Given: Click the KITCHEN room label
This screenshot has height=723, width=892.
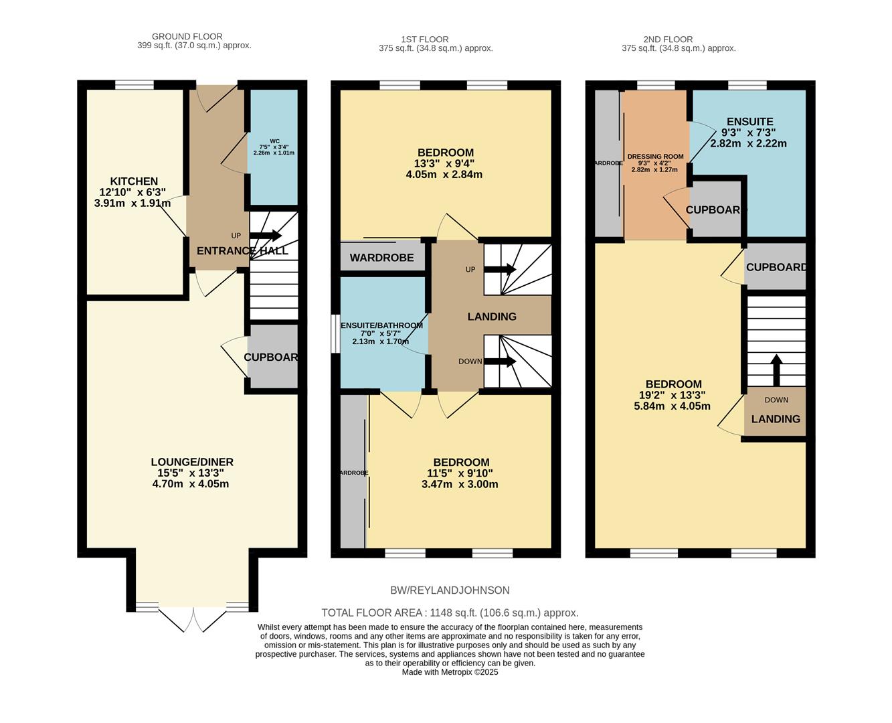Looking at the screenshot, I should (134, 181).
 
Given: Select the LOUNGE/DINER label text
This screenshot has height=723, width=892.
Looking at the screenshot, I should (191, 462).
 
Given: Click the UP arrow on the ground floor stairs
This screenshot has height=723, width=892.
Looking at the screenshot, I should (266, 236).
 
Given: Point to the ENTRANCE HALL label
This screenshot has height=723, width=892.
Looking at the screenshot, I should (242, 251).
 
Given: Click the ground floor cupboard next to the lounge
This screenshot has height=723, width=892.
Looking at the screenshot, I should (271, 357).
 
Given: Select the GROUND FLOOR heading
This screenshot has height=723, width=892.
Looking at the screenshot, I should (187, 36).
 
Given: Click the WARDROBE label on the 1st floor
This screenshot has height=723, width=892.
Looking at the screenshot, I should (381, 258).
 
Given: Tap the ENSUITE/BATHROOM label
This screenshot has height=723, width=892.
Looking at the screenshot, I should (382, 325).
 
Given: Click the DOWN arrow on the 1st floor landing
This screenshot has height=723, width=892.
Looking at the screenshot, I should (499, 361).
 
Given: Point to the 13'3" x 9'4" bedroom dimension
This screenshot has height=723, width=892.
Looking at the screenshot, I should (445, 163).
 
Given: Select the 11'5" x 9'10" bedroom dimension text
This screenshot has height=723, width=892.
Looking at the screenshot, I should (460, 473).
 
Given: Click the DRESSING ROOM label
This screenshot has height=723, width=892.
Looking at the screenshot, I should (655, 157).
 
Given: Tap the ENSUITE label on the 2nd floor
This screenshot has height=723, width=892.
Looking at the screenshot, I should (749, 122).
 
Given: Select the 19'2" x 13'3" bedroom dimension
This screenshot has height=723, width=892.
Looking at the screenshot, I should (673, 395).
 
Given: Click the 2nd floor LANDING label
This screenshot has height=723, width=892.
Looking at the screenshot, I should (776, 419).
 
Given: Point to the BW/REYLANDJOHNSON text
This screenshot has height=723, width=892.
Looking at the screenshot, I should (450, 590).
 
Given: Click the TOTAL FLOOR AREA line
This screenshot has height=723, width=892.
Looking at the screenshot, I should (450, 613).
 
